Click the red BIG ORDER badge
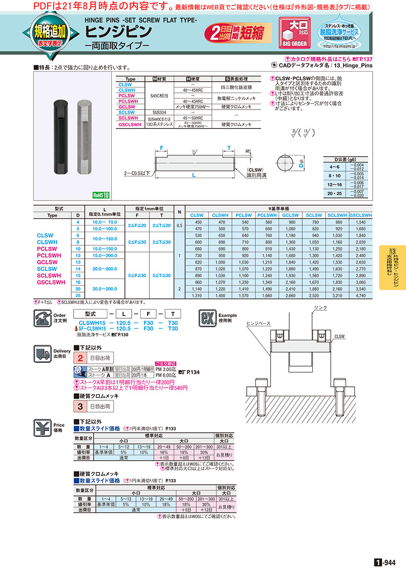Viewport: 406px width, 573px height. click(295, 32)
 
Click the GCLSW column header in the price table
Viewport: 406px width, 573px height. click(290, 215)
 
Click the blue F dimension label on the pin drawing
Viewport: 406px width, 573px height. click(161, 148)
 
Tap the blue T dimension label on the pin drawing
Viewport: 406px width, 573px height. click(229, 148)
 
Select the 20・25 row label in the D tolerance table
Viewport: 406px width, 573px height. click(334, 194)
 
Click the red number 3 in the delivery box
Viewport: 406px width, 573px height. click(80, 406)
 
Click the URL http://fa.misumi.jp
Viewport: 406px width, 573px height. click(339, 46)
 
